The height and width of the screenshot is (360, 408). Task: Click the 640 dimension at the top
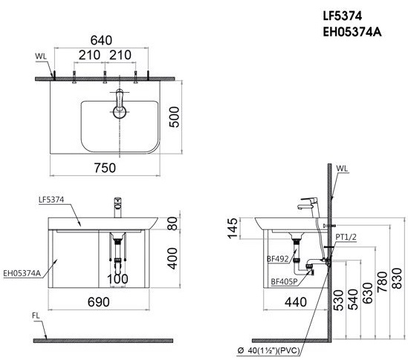click(101, 40)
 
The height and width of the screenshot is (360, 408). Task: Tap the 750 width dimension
click(105, 168)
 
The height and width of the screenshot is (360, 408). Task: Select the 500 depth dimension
click(175, 117)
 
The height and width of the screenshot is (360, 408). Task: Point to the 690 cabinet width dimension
click(99, 302)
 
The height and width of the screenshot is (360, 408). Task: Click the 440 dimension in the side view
click(296, 302)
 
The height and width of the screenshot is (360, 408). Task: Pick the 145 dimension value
click(233, 228)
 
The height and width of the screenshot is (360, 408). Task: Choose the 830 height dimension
click(397, 278)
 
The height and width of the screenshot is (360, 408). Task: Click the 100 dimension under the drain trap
click(117, 279)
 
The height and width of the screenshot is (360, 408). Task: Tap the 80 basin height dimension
click(172, 223)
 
